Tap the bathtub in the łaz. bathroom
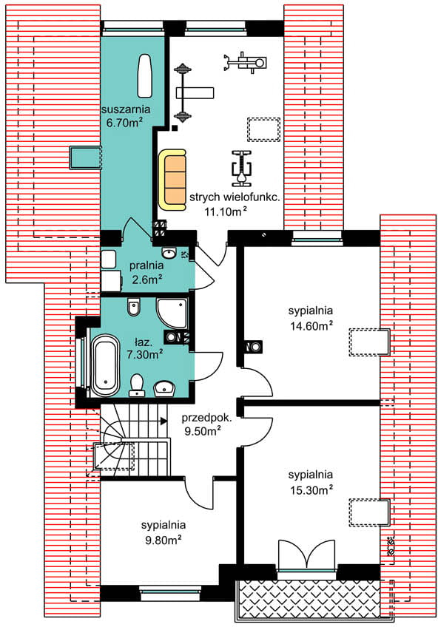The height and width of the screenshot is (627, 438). coord(105,366)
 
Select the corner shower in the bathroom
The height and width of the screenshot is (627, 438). coord(172,313)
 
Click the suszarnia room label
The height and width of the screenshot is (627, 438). coord(126,109)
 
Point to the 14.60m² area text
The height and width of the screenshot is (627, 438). coord(311,325)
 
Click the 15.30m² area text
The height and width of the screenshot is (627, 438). coord(311,489)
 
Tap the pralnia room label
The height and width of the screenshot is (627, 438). coord(146,265)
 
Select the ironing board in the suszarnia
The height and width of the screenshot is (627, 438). coord(144,76)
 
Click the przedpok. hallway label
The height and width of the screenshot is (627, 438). coord(206,418)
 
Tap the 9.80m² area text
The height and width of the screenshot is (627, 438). coord(164,540)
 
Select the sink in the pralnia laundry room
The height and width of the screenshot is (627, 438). coord(169,253)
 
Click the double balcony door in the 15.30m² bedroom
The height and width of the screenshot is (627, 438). coord(306,556)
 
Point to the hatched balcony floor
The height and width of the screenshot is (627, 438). coord(309,598)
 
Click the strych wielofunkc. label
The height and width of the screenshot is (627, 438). coord(235,197)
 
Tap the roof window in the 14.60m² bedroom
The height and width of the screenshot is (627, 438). coord(369,342)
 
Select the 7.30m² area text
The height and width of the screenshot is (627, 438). coord(144,354)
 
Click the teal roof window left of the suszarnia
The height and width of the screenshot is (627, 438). coord(85,157)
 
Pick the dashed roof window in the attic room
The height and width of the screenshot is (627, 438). coord(263,129)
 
